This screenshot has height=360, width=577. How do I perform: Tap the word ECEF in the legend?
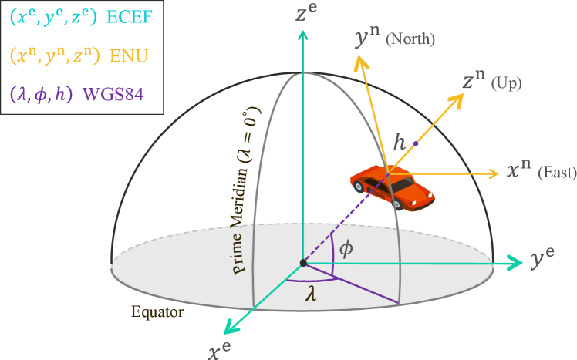(x=130, y=17)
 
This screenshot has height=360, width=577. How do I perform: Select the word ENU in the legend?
(x=129, y=56)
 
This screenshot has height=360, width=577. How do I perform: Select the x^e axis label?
(x=218, y=352)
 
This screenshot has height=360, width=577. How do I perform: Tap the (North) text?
(x=410, y=39)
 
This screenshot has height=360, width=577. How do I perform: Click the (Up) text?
(x=506, y=83)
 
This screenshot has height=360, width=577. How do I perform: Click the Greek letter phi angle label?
(x=346, y=249)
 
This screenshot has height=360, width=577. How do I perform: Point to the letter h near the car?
(x=399, y=142)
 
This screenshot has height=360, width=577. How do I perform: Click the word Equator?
(x=157, y=312)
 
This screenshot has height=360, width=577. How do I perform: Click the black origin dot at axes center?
(x=303, y=263)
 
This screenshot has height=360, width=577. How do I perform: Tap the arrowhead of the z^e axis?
(x=302, y=34)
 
